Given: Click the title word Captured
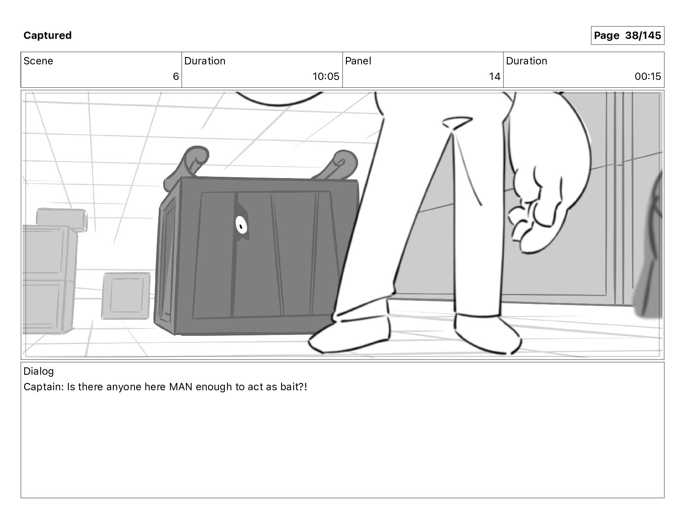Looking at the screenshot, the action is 48,35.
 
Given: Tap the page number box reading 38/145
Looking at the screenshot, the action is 627,35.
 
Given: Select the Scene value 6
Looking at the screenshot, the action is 176,76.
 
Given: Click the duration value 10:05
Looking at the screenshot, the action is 326,76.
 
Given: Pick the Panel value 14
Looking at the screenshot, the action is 494,76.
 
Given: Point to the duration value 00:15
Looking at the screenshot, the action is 647,76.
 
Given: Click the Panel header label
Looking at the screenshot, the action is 358,61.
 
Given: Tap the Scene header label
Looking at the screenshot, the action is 38,61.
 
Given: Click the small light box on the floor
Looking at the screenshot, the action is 126,296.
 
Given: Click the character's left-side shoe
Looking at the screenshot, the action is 350,333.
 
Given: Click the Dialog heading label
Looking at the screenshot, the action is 38,371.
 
